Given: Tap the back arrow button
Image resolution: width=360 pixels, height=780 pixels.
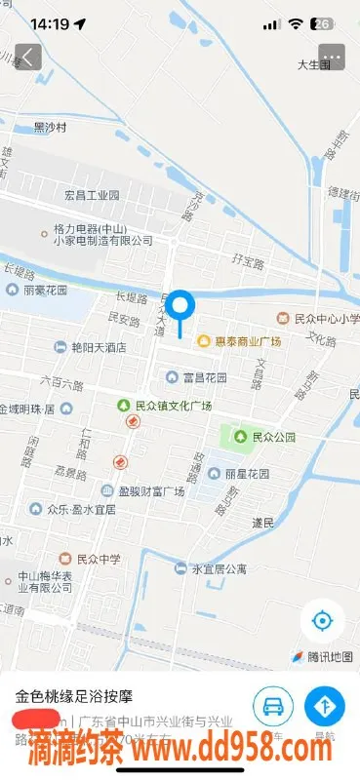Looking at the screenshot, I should click(28, 57).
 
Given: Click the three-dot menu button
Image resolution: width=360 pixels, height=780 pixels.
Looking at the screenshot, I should click(332, 58).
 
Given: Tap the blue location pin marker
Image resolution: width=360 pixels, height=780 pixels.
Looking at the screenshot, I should click(180, 310).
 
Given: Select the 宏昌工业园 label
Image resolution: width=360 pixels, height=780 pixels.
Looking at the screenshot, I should click(92, 196).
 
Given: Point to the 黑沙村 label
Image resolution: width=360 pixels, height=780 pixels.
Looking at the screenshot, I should click(50, 128).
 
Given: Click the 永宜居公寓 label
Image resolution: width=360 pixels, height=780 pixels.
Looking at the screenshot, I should click(219, 568).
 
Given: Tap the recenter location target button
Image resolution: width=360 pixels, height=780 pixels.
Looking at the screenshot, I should click(321, 620).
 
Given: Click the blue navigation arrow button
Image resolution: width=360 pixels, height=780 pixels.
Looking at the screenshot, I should click(324, 705).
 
